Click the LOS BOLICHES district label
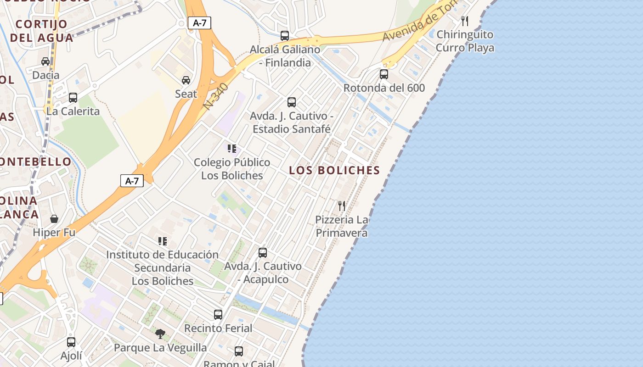(x=334, y=170)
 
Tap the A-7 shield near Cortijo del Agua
(x=199, y=23)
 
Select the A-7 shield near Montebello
(x=132, y=181)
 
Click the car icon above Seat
(x=186, y=80)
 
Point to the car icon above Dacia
(x=45, y=61)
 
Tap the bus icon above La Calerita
(x=73, y=97)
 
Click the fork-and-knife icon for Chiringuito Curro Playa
(x=465, y=21)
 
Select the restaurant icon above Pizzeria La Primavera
(x=341, y=206)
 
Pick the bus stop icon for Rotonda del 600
(x=384, y=74)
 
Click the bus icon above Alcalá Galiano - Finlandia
(x=285, y=35)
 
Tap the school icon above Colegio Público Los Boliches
(x=232, y=148)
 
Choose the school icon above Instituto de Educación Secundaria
(x=162, y=241)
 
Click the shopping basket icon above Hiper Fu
(x=54, y=219)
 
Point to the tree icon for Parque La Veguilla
(x=160, y=334)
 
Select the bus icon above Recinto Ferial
(x=218, y=314)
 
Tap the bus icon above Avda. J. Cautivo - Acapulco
(x=263, y=252)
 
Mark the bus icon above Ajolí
(x=71, y=342)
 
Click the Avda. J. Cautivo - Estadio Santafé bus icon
(x=292, y=102)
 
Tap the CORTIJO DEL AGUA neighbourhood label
(x=41, y=31)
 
